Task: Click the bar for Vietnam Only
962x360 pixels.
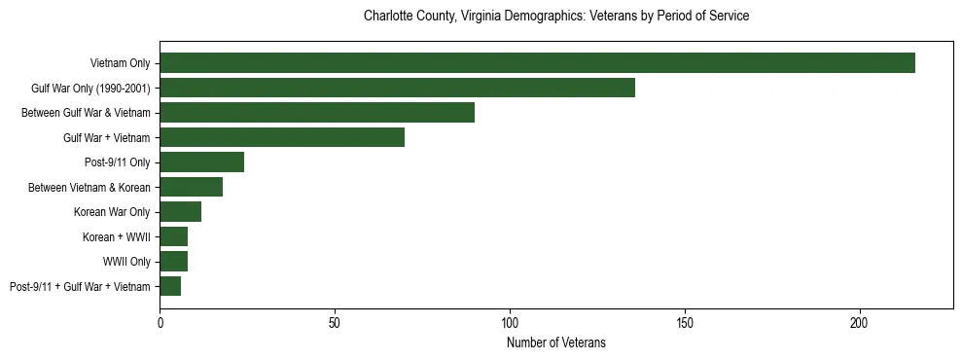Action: tap(537, 63)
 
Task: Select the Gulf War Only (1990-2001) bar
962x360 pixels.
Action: tap(397, 88)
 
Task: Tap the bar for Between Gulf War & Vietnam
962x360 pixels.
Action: tap(317, 113)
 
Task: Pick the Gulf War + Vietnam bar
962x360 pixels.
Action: tap(282, 137)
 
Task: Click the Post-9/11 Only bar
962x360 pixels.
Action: tap(201, 162)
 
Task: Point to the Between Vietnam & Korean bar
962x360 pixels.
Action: tap(191, 187)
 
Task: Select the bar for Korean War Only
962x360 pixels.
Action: tap(180, 212)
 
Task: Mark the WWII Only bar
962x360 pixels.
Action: tap(173, 262)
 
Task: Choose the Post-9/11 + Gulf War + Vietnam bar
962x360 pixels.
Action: tap(170, 286)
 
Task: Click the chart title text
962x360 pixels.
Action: tap(555, 17)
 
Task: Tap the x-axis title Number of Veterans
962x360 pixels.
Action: tap(555, 342)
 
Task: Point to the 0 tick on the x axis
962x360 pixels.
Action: tap(160, 321)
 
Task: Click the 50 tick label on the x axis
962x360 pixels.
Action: tap(335, 321)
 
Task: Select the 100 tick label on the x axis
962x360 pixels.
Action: tap(510, 321)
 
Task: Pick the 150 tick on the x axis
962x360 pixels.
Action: tap(685, 321)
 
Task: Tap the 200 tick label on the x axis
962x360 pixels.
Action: tap(859, 321)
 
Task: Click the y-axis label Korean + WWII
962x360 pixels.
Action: tap(116, 236)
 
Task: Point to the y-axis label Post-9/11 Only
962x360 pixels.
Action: tap(118, 162)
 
